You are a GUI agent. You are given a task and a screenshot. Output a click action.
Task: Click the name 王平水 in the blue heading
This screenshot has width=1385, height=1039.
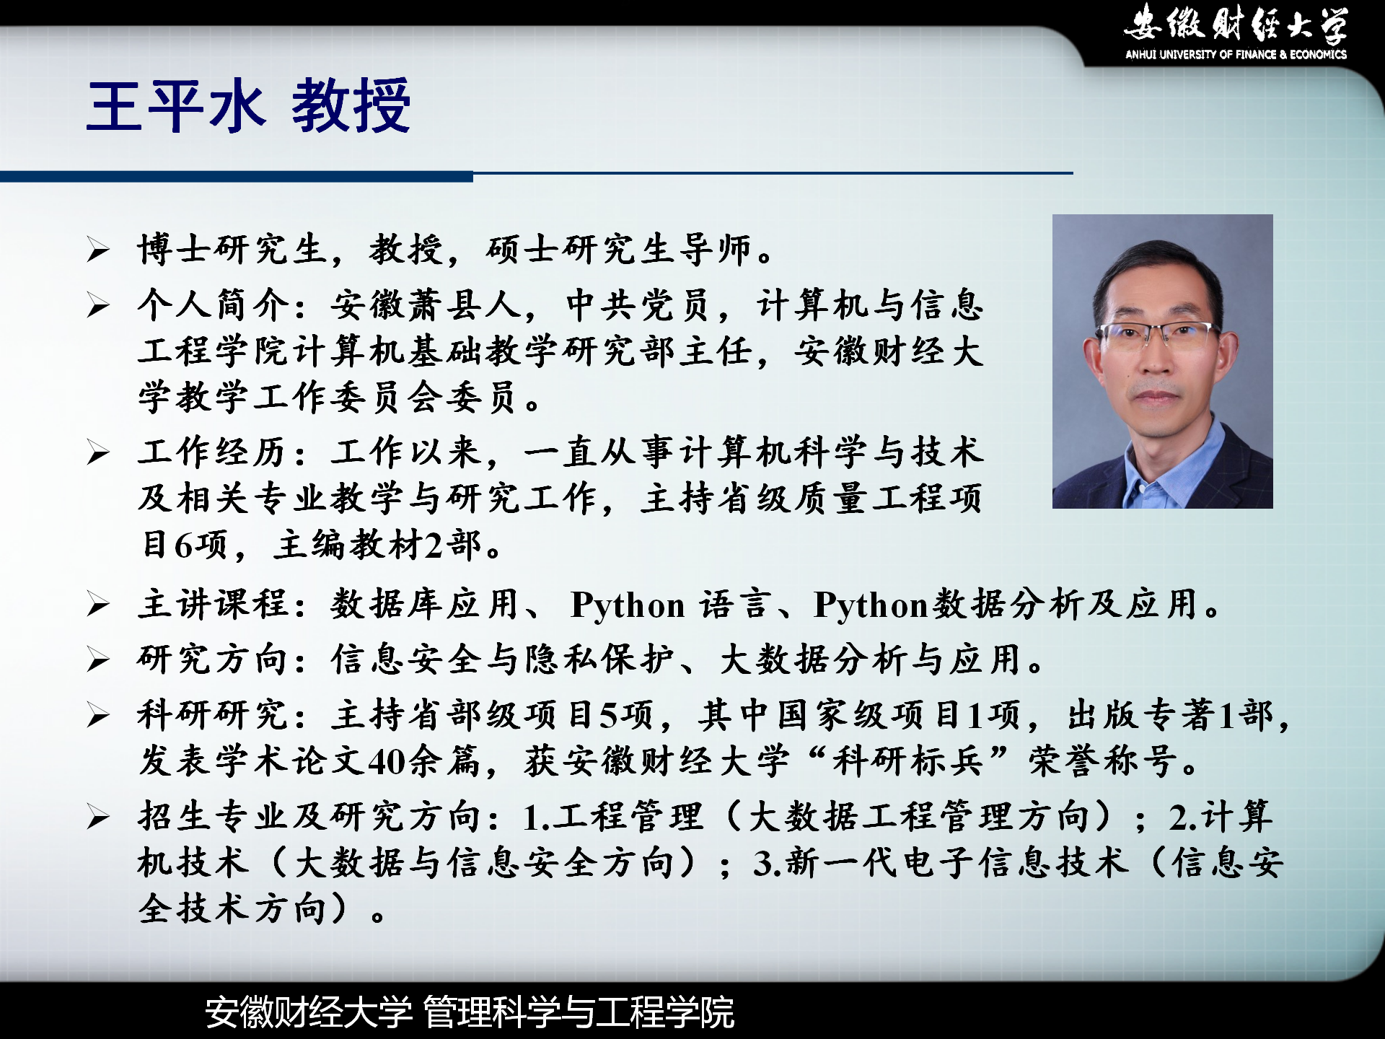pyautogui.click(x=177, y=106)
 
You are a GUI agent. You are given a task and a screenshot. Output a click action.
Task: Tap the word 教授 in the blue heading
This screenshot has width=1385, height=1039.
pyautogui.click(x=351, y=106)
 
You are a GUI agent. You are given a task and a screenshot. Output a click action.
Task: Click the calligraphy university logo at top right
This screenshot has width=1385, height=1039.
pyautogui.click(x=1236, y=23)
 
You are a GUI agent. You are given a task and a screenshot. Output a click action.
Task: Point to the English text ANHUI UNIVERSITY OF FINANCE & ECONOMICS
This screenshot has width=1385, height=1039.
pyautogui.click(x=1236, y=54)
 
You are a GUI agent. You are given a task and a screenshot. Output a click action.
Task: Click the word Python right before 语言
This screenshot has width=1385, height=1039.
pyautogui.click(x=628, y=605)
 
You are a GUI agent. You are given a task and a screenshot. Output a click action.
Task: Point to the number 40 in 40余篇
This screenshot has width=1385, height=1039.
pyautogui.click(x=387, y=761)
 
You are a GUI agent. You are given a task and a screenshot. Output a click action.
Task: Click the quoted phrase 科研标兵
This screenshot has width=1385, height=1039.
pyautogui.click(x=907, y=760)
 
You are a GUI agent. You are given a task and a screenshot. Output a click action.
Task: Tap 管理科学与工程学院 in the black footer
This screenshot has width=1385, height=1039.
pyautogui.click(x=579, y=1012)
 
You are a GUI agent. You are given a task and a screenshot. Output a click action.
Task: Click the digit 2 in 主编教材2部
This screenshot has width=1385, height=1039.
pyautogui.click(x=434, y=545)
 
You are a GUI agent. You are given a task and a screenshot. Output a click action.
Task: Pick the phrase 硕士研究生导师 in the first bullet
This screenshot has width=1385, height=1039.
pyautogui.click(x=618, y=250)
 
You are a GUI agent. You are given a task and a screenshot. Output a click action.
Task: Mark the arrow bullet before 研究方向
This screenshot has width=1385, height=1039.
pyautogui.click(x=98, y=660)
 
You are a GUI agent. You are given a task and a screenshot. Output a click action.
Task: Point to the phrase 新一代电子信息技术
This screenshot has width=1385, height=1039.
pyautogui.click(x=957, y=862)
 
